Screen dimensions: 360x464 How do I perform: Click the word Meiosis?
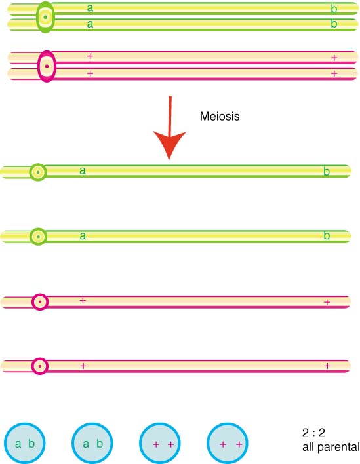pyautogui.click(x=220, y=116)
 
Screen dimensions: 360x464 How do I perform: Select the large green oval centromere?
pyautogui.click(x=45, y=17)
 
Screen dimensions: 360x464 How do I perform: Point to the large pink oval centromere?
pyautogui.click(x=47, y=66)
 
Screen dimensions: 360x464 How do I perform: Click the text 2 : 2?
pyautogui.click(x=313, y=433)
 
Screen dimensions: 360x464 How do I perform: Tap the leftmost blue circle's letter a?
pyautogui.click(x=18, y=444)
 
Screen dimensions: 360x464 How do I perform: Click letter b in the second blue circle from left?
pyautogui.click(x=100, y=443)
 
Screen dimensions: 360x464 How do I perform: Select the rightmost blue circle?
pyautogui.click(x=228, y=443)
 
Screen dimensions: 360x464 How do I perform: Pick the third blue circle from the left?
pyautogui.click(x=160, y=443)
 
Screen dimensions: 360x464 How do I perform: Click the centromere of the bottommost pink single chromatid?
pyautogui.click(x=40, y=366)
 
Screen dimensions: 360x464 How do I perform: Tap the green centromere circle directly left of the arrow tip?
pyautogui.click(x=38, y=172)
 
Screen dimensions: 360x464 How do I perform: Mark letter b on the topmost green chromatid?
pyautogui.click(x=334, y=9)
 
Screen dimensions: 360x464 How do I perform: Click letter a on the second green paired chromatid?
pyautogui.click(x=90, y=24)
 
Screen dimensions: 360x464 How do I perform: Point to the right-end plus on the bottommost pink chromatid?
pyautogui.click(x=327, y=366)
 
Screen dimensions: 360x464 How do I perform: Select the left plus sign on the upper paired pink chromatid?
pyautogui.click(x=90, y=56)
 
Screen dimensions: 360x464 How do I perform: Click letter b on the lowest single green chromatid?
pyautogui.click(x=327, y=235)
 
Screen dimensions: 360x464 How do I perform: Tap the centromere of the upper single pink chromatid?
pyautogui.click(x=40, y=302)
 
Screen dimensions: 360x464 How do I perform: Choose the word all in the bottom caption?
pyautogui.click(x=308, y=447)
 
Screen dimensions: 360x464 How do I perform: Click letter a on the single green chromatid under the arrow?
pyautogui.click(x=83, y=170)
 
